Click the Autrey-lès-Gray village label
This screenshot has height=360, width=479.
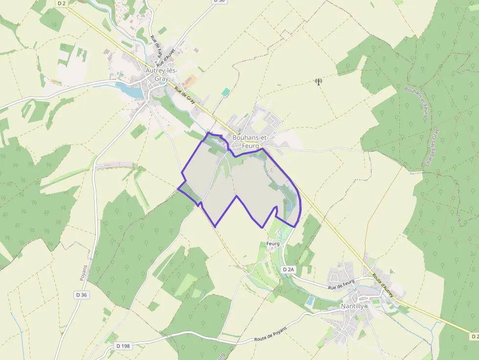point(161,74)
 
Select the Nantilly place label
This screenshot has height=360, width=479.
point(352,306)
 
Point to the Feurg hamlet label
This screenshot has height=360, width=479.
point(273,243)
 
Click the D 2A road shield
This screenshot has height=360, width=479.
point(289,269)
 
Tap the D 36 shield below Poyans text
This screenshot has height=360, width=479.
point(82,295)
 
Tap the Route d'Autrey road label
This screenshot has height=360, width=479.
point(383,285)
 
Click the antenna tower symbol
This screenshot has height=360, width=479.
point(319,82)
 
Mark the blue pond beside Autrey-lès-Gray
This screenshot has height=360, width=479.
point(128,89)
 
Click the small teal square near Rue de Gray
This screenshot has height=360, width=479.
point(225,92)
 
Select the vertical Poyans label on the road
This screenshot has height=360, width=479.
point(83,273)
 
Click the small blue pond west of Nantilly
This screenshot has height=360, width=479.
point(309,301)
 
